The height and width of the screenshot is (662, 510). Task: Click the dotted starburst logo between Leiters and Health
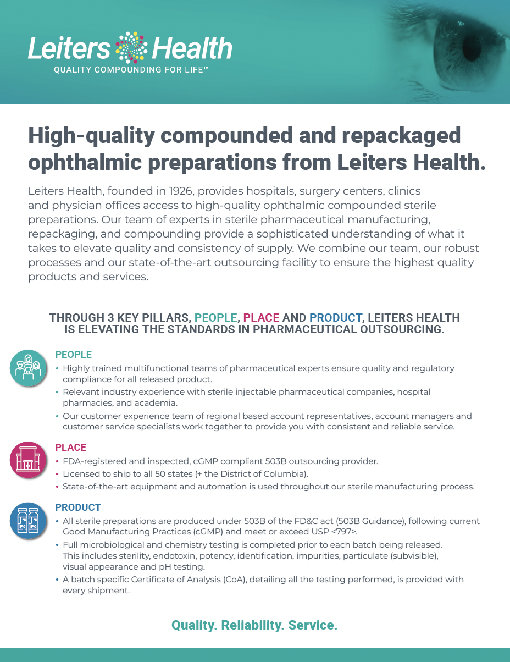(x=130, y=47)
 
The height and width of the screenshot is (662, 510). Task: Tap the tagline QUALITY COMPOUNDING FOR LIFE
(x=131, y=70)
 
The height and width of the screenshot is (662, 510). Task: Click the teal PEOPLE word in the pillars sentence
(x=216, y=318)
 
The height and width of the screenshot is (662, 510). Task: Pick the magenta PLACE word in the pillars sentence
(x=261, y=318)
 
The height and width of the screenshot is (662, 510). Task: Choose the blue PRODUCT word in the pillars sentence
(x=335, y=318)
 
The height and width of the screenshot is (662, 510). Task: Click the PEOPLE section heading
(x=74, y=355)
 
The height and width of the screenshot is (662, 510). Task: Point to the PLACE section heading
(x=71, y=448)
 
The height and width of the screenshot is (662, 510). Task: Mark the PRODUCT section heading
(x=78, y=507)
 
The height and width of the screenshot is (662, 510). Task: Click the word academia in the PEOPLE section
(x=151, y=403)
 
